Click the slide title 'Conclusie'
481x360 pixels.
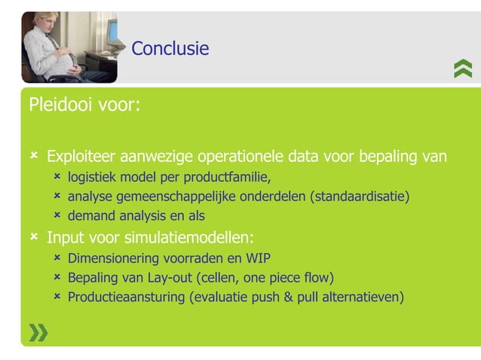pos(170,49)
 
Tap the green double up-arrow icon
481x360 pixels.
pos(463,69)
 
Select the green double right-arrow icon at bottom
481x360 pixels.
pos(38,332)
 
